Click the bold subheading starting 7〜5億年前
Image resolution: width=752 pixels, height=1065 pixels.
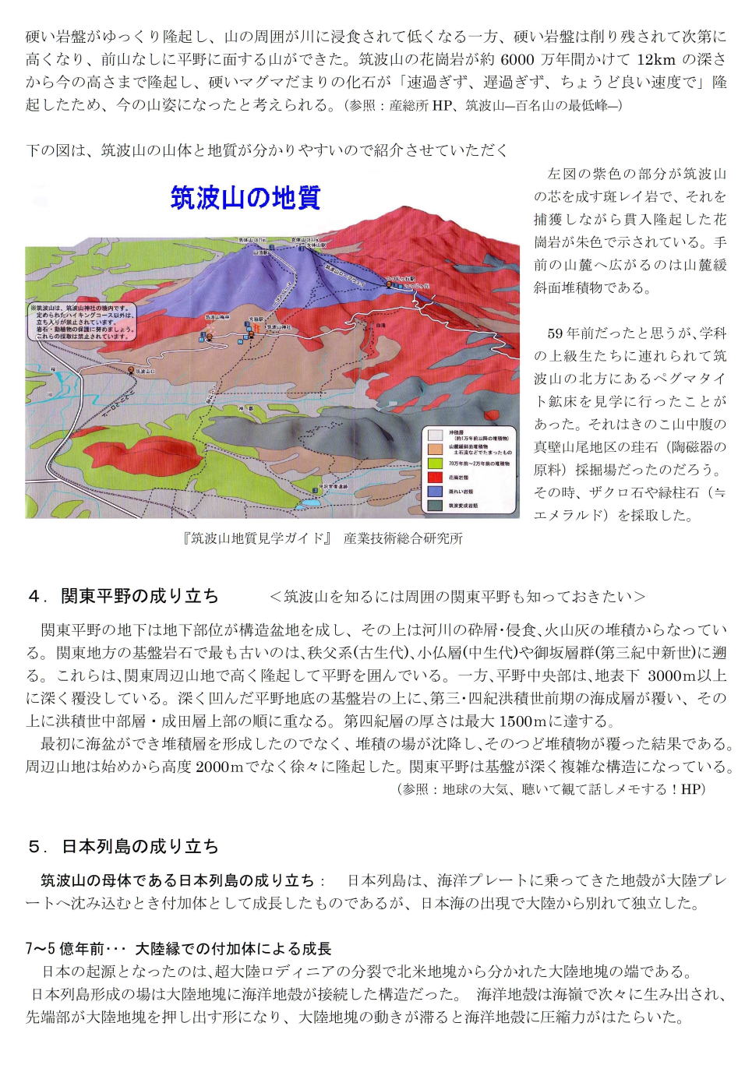tap(179, 949)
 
